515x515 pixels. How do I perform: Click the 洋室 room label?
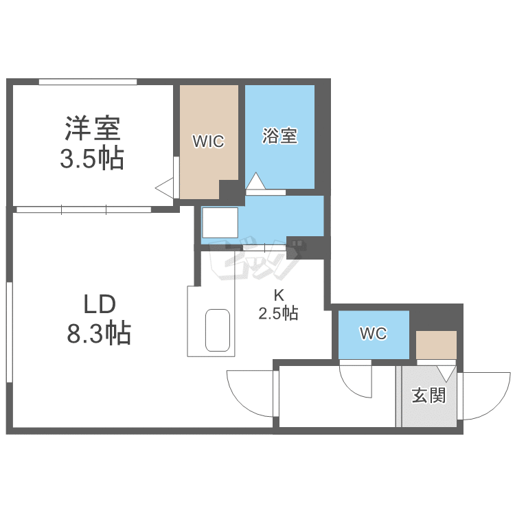93,128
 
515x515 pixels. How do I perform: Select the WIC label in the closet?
208,141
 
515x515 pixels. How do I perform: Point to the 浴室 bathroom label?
279,136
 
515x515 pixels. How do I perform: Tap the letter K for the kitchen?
278,297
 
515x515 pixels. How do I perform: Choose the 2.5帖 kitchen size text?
278,314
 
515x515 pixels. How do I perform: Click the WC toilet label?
374,334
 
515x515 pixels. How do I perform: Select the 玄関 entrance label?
429,396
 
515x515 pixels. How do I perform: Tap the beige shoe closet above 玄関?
436,344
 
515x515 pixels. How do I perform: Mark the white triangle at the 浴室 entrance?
255,182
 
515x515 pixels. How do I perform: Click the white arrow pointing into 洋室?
164,187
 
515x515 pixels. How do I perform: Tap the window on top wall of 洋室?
87,82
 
